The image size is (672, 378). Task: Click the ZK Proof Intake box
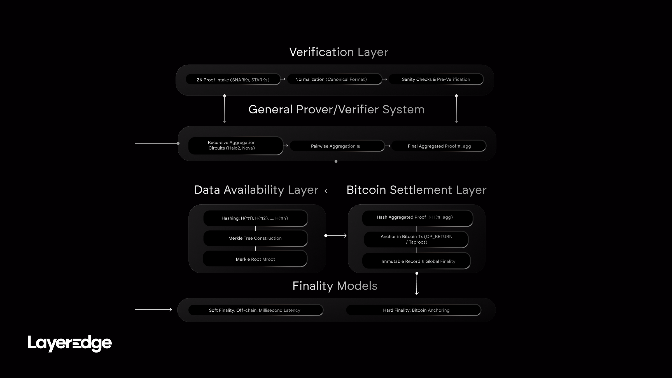point(233,80)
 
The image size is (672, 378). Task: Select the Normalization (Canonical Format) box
point(334,79)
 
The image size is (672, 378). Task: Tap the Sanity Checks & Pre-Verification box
point(436,79)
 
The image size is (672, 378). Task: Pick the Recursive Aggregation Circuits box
point(235,146)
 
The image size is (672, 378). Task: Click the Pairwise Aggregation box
point(337,146)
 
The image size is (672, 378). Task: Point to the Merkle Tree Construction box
point(255,238)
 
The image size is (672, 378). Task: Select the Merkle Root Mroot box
point(255,259)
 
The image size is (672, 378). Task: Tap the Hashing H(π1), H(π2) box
point(255,218)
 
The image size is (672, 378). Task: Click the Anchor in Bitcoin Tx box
point(416,239)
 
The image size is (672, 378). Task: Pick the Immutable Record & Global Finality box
point(416,261)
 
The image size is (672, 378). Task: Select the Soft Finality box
point(255,310)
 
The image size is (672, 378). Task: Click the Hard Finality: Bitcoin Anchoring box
point(414,310)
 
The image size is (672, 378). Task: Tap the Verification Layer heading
point(339,52)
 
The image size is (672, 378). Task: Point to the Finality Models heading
point(335,286)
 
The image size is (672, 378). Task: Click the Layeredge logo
point(70,343)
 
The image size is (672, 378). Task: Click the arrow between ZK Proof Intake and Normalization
point(283,80)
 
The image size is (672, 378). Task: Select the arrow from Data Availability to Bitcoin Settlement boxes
point(336,236)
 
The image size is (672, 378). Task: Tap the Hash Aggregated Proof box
point(417,218)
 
